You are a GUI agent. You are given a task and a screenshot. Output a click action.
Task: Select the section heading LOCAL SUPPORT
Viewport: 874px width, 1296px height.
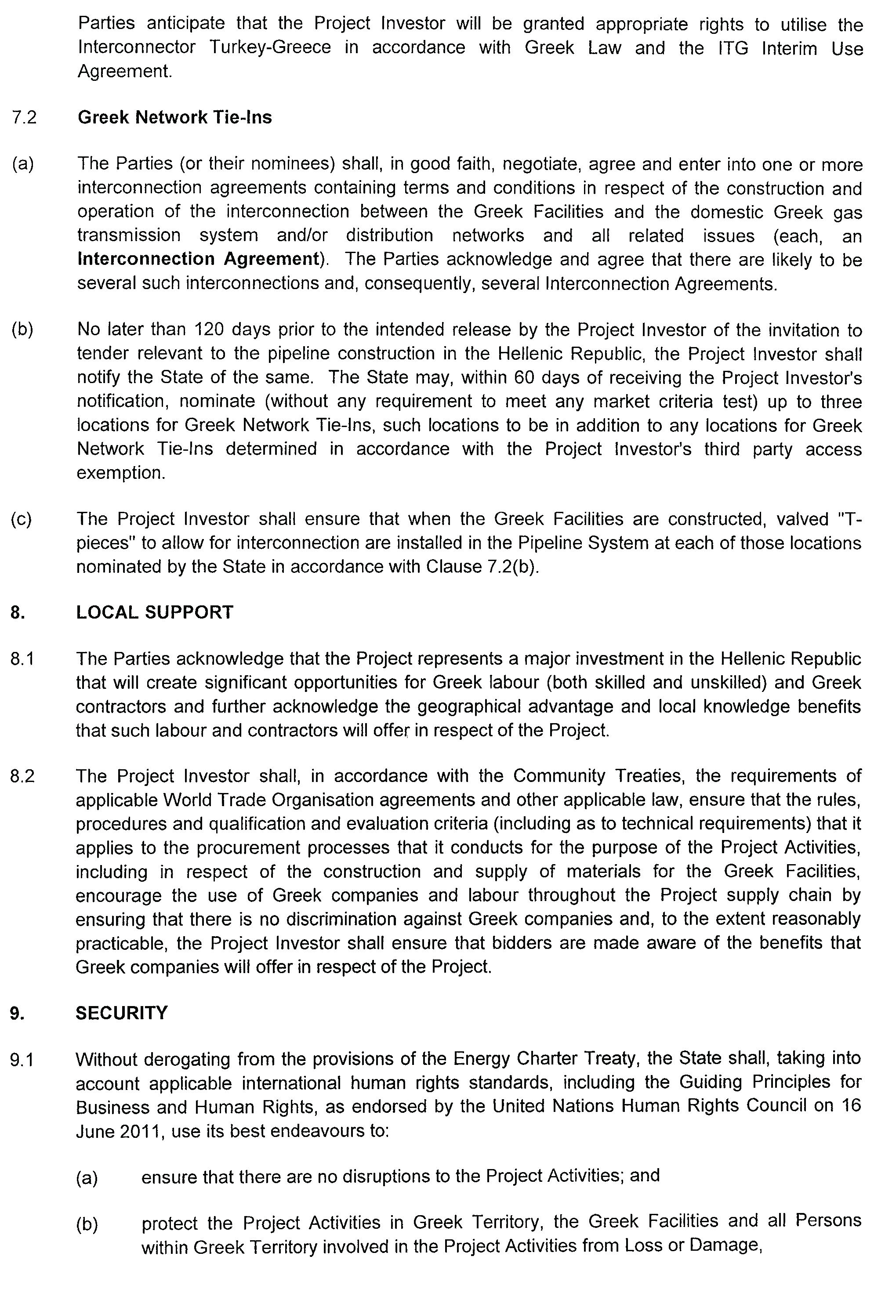click(x=154, y=612)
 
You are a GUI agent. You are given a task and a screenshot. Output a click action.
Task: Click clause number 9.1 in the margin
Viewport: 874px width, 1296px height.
click(x=22, y=1059)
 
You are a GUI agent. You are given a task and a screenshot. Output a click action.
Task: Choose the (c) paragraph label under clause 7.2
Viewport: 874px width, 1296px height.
click(x=21, y=519)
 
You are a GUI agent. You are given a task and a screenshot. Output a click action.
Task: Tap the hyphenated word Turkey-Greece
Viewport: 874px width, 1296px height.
click(x=270, y=47)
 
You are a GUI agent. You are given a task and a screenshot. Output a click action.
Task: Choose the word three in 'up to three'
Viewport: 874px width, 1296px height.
click(x=839, y=401)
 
